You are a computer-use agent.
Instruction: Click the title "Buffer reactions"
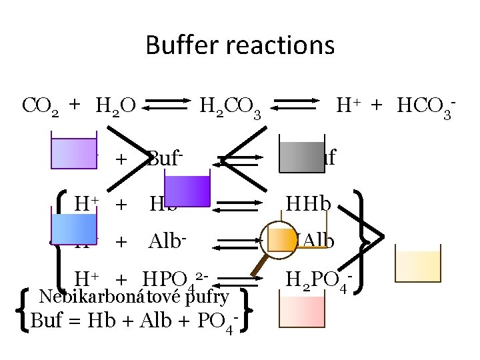coord(240,45)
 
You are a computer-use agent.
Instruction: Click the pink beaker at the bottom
coord(302,313)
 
